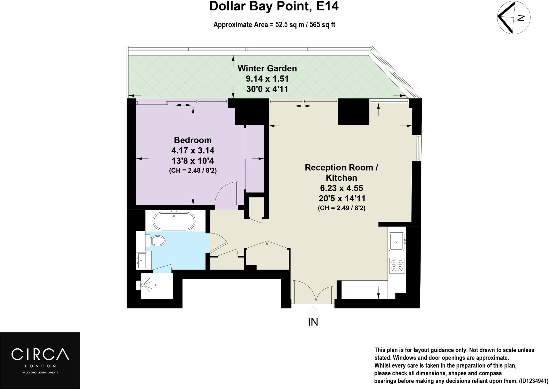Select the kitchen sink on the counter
pos(396,241)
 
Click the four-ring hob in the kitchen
pos(397,265)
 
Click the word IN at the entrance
pos(313,322)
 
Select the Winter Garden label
pos(267,68)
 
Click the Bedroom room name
pos(192,140)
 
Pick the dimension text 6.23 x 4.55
pos(342,188)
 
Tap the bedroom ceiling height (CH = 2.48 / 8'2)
pos(193,171)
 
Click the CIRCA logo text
pos(40,354)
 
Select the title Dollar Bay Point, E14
pos(274,6)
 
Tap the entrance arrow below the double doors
pos(313,311)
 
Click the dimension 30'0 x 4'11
pos(267,89)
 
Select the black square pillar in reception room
pos(354,112)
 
